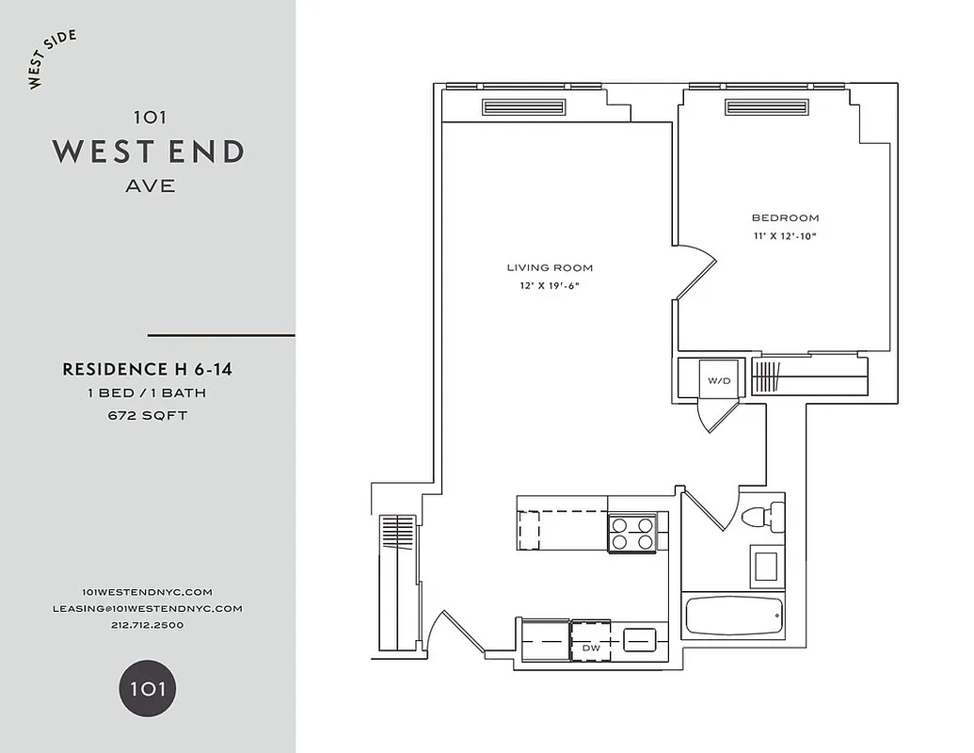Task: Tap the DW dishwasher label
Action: coord(591,648)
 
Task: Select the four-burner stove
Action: coord(632,534)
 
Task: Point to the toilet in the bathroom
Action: coord(761,517)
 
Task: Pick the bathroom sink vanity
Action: coord(766,566)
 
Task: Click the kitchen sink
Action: coord(640,637)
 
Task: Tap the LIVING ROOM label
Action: coord(551,268)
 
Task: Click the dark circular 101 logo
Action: coord(147,688)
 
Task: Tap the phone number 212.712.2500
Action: coord(148,625)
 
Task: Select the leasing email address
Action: coord(148,608)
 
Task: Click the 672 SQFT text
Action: coord(148,415)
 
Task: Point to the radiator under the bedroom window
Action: coord(767,107)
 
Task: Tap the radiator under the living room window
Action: coord(525,107)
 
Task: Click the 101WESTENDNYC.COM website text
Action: coord(148,591)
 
